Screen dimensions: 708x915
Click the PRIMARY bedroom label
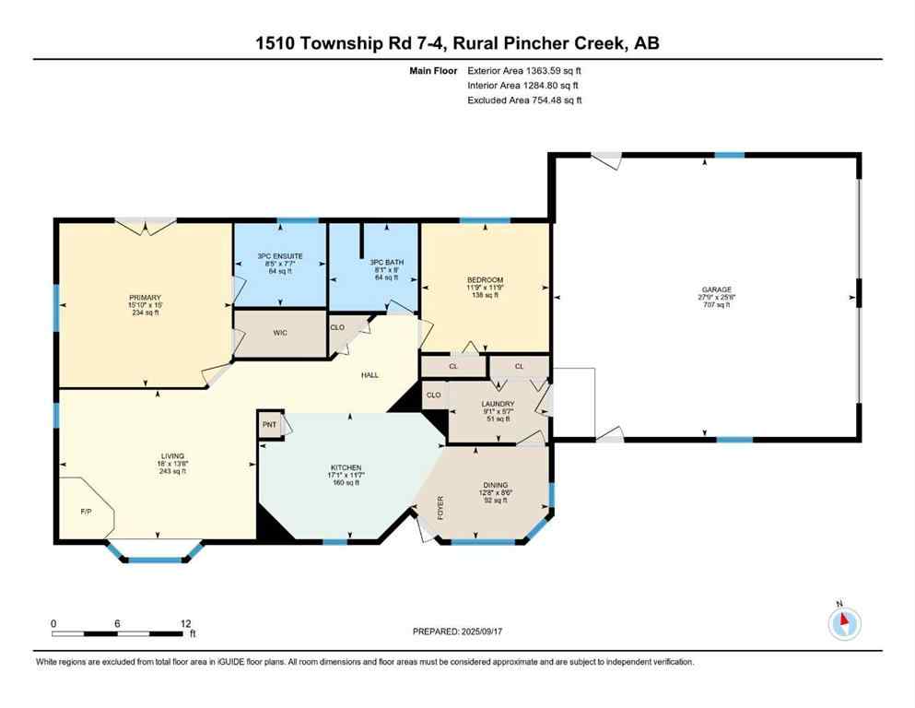pyautogui.click(x=144, y=297)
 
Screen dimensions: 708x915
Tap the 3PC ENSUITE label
pyautogui.click(x=280, y=255)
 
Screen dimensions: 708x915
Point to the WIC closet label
pyautogui.click(x=281, y=333)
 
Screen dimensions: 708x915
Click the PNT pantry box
pyautogui.click(x=269, y=424)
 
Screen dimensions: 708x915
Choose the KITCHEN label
pyautogui.click(x=346, y=467)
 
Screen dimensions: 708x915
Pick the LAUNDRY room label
pyautogui.click(x=497, y=404)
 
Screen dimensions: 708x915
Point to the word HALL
pyautogui.click(x=370, y=374)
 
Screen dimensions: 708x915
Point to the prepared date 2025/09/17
pyautogui.click(x=496, y=631)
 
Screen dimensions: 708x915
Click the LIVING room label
pyautogui.click(x=172, y=455)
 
